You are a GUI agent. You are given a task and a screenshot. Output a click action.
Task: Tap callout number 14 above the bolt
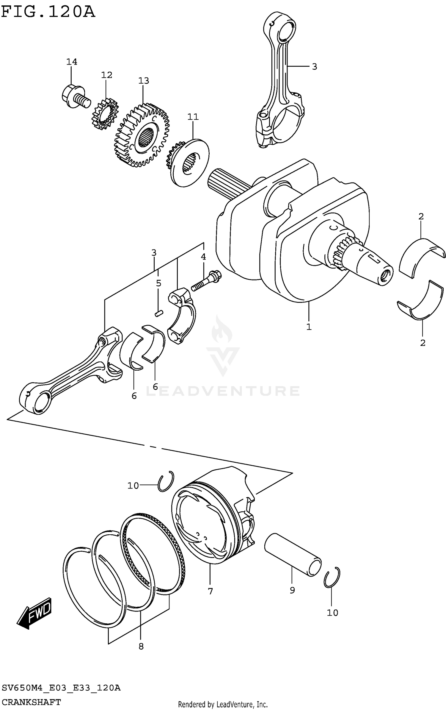coord(72,62)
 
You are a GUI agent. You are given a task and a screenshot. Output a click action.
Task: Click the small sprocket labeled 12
coord(105,115)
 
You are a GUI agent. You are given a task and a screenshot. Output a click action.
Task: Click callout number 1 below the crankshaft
coord(309,327)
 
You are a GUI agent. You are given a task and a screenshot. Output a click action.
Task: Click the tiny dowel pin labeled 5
coord(159,313)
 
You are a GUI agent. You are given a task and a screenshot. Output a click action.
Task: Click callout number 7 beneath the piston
coord(210,591)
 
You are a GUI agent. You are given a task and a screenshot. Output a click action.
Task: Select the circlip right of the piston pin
coord(332,578)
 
